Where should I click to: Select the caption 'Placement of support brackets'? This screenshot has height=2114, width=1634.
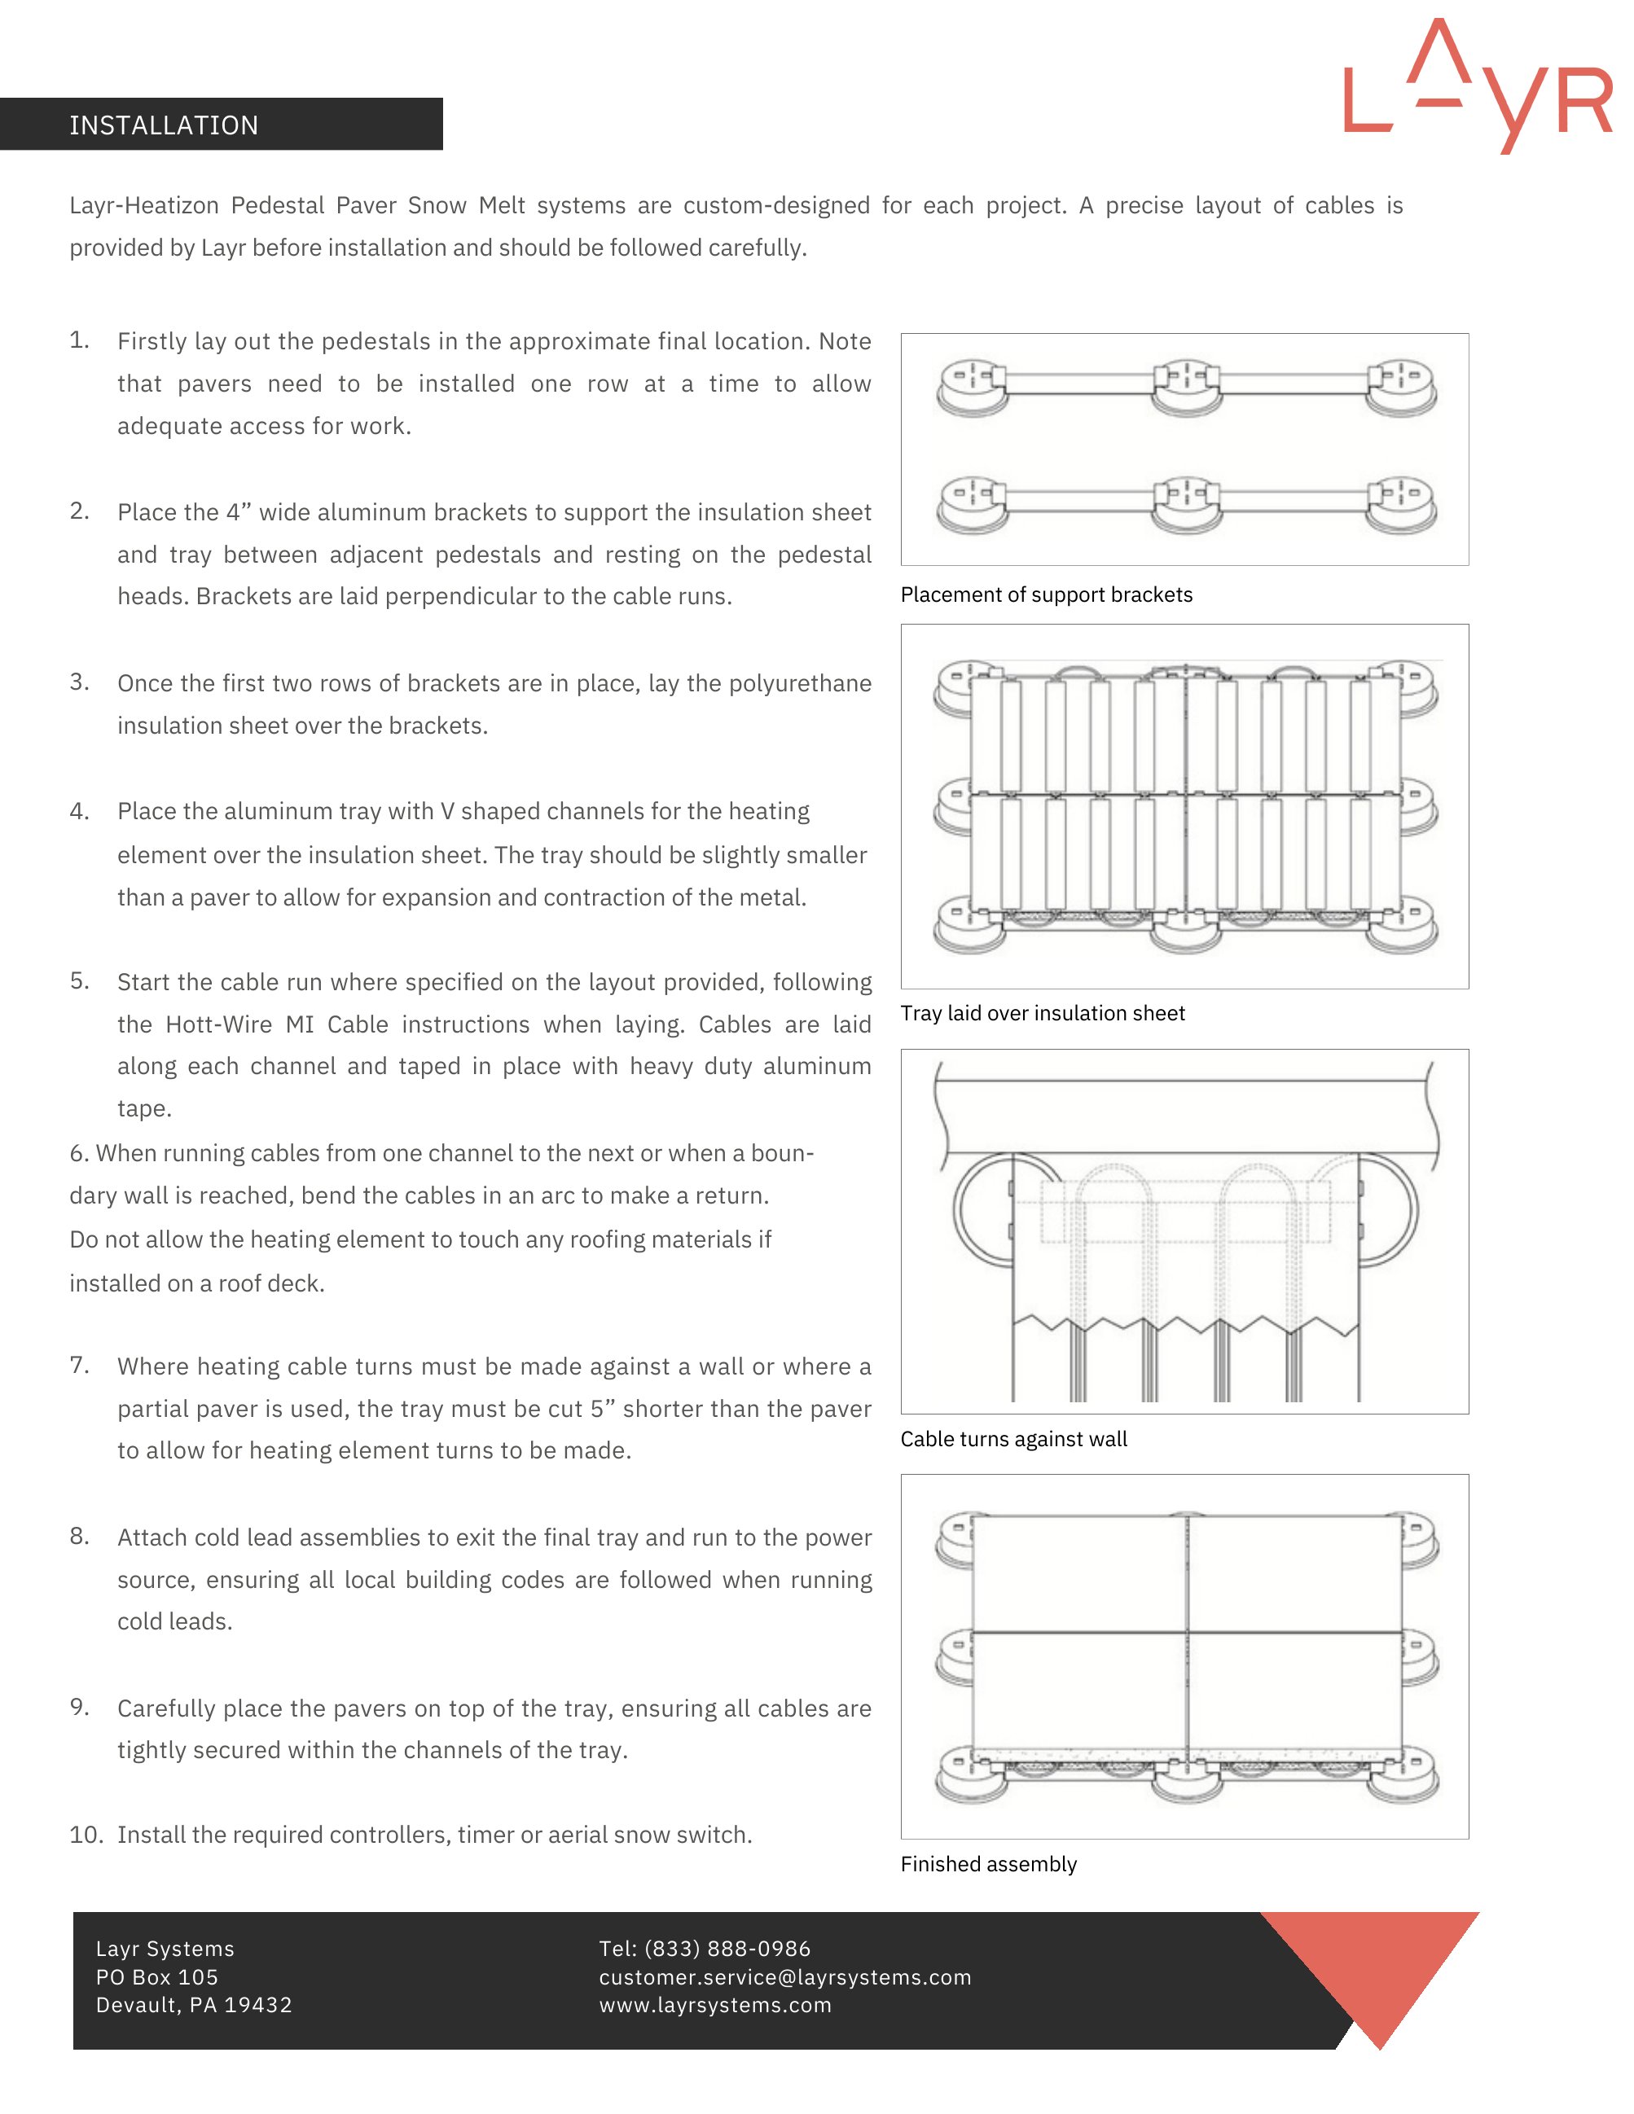coord(1045,594)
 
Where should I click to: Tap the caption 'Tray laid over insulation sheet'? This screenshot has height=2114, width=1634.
coord(1042,1012)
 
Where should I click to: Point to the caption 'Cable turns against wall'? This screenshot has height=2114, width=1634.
coord(1012,1438)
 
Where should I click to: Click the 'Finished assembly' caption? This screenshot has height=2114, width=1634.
coord(987,1863)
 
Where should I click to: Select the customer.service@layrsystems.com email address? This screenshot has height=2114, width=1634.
coord(784,1976)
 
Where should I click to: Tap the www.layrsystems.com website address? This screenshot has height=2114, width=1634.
coord(714,2005)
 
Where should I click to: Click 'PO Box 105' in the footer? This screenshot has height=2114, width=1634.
coord(157,1976)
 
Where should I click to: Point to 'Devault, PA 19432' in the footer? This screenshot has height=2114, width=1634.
coord(194,2005)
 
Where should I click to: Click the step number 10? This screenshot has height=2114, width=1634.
coord(86,1834)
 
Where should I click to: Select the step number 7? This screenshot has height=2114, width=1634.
coord(79,1365)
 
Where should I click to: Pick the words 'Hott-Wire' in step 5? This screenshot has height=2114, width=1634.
coord(217,1024)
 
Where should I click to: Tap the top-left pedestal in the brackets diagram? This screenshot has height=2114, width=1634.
coord(972,388)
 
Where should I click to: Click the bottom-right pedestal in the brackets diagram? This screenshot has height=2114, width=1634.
coord(1401,504)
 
